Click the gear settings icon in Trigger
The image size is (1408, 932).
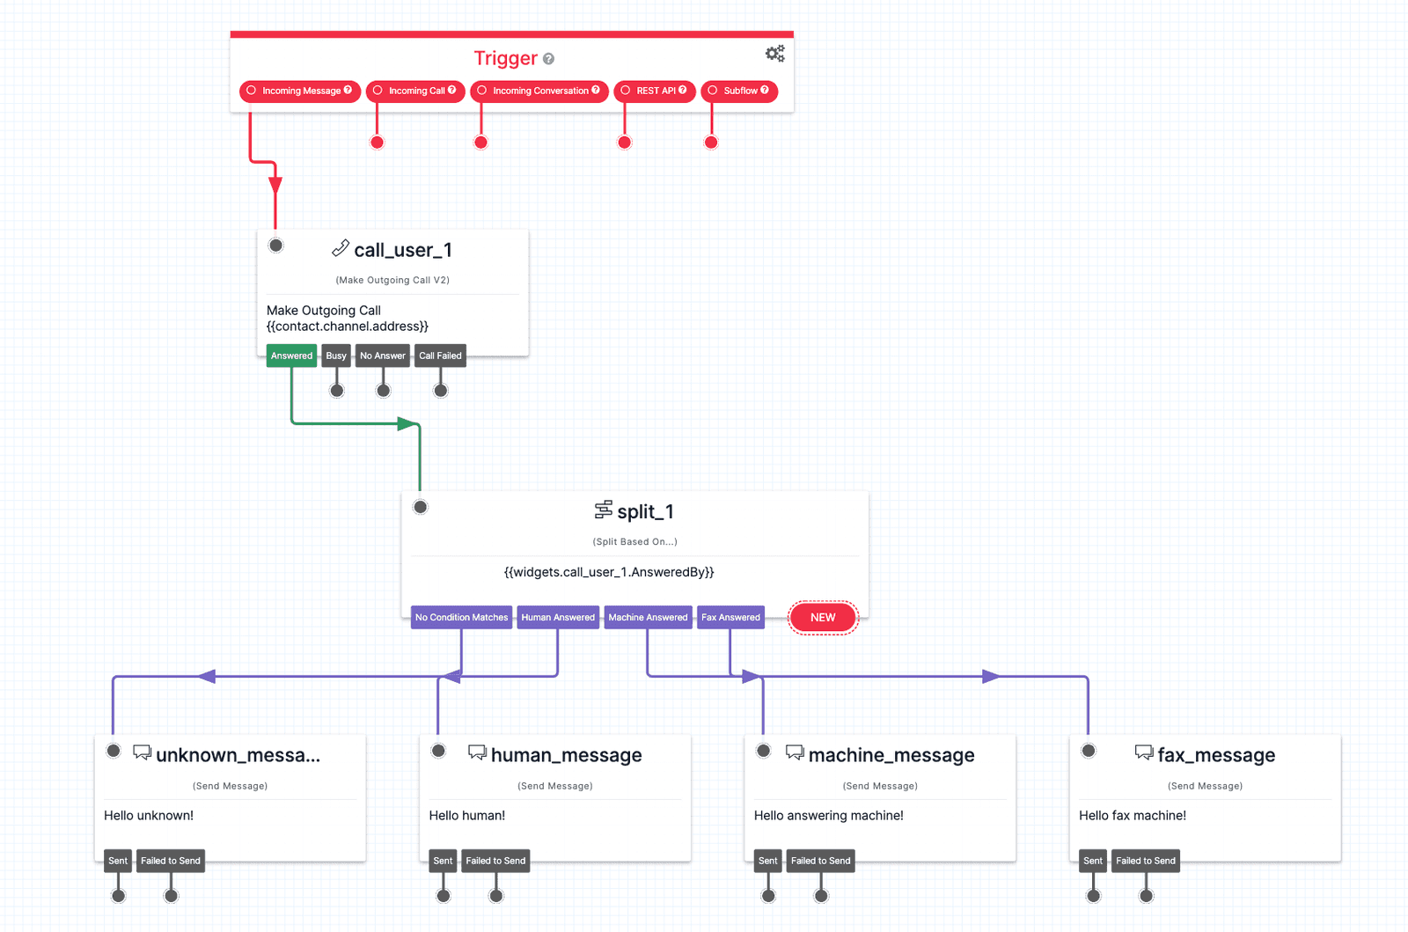[774, 54]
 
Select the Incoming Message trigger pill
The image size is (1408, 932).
[299, 91]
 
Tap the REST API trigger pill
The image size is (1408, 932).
[654, 91]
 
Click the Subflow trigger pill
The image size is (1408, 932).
[738, 91]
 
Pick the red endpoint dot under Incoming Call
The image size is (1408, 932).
[377, 143]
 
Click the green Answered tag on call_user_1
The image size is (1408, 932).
[291, 356]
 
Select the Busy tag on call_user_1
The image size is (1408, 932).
[336, 356]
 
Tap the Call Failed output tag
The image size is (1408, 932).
[440, 356]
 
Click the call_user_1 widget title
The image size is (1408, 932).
[402, 250]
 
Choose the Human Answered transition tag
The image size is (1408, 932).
[558, 617]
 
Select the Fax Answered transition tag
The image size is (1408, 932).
[730, 617]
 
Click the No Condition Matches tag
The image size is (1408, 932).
[461, 617]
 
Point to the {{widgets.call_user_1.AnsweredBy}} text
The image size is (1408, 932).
[609, 572]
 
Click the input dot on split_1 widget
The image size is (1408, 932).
[421, 507]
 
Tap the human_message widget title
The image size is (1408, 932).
[566, 755]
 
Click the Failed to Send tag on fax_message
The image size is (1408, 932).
[1145, 861]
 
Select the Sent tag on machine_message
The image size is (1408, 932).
[767, 861]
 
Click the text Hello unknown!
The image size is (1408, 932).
[149, 815]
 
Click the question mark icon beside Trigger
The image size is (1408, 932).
[548, 59]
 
